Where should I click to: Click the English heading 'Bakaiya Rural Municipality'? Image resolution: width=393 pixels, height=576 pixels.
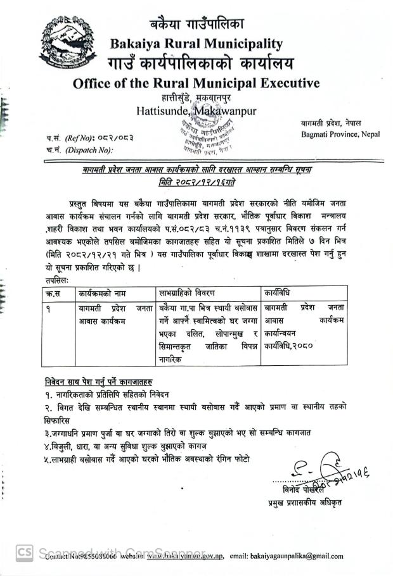pyautogui.click(x=196, y=44)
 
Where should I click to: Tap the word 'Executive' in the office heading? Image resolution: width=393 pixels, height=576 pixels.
pyautogui.click(x=288, y=83)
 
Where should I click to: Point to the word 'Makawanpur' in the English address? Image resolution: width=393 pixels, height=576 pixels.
pyautogui.click(x=225, y=111)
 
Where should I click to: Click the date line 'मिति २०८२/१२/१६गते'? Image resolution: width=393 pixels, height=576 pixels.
pyautogui.click(x=197, y=182)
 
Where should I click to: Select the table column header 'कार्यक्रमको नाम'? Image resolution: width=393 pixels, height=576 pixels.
pyautogui.click(x=103, y=293)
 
